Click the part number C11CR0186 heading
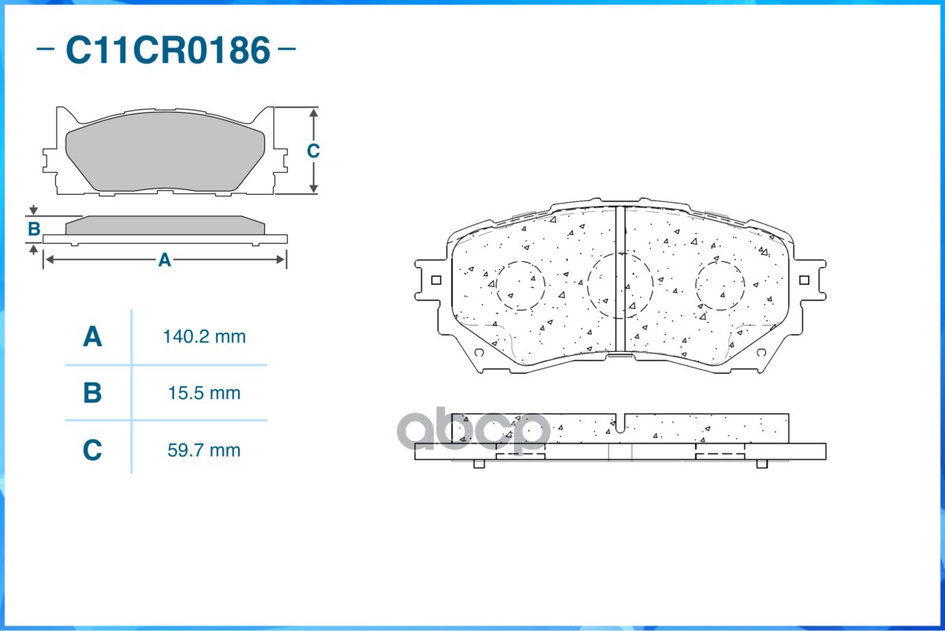(167, 50)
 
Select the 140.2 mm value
(204, 337)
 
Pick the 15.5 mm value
(204, 393)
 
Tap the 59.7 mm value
(204, 450)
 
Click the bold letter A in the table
(92, 337)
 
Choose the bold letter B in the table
(92, 393)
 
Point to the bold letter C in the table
(92, 450)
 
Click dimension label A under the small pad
(164, 259)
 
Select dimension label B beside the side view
(34, 230)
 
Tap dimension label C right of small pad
(313, 151)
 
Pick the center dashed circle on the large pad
(620, 286)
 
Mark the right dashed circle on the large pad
(720, 286)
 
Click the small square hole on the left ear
(436, 279)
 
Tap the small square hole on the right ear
(804, 279)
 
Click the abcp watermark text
(473, 431)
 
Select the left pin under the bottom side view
(478, 463)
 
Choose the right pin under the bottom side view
(761, 463)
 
